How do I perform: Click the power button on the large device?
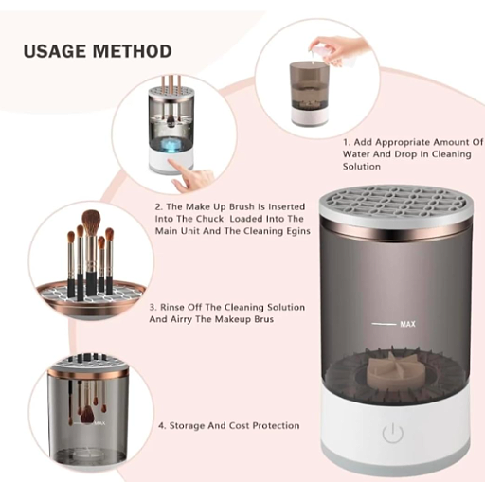(392, 433)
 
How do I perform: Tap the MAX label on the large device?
(407, 324)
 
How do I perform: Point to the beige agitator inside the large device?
(391, 371)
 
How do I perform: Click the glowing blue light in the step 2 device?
(171, 145)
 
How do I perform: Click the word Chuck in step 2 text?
(209, 219)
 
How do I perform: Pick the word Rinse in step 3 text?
(172, 307)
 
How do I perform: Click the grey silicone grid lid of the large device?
(396, 200)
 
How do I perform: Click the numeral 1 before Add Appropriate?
(346, 142)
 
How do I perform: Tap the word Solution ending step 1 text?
(362, 167)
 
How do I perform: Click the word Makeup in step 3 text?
(226, 319)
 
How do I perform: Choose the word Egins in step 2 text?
(298, 231)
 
